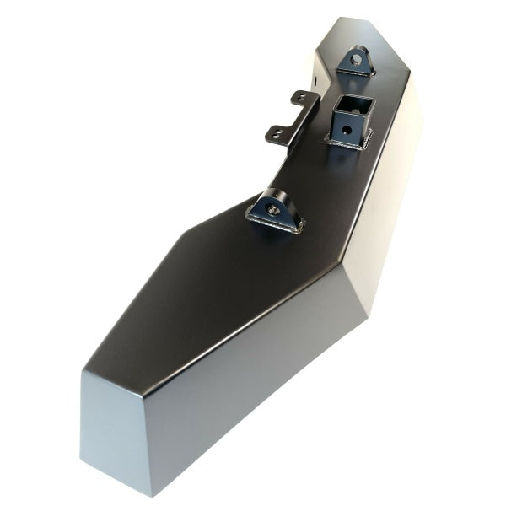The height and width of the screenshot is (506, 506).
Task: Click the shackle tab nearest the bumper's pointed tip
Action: [x=355, y=62]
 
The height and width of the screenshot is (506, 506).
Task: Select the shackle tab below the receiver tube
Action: [x=275, y=210]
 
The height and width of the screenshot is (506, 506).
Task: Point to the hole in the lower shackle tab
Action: [x=272, y=206]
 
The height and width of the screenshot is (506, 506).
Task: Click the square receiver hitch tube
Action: [x=349, y=121]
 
